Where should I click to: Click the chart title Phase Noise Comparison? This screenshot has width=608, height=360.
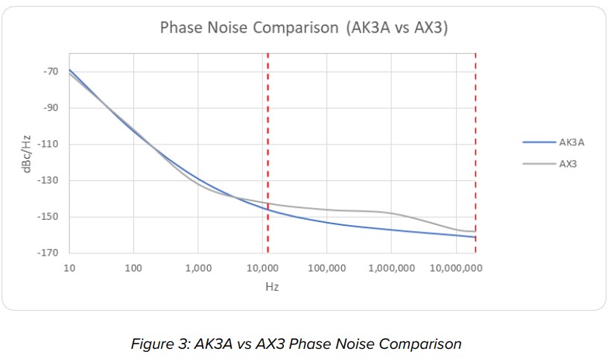point(304,28)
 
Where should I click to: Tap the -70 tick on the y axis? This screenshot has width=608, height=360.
point(51,72)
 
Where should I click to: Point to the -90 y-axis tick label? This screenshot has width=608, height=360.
point(51,108)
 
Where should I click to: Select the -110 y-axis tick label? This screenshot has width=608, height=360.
point(49,145)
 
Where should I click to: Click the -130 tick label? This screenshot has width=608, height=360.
point(49,180)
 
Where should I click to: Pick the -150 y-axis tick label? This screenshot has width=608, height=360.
point(49,217)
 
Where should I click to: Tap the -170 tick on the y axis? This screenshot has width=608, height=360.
point(49,253)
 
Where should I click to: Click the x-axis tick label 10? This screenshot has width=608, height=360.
point(69,268)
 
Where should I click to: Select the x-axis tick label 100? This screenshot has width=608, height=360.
point(134,268)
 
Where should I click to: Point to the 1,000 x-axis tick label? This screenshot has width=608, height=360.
point(198,268)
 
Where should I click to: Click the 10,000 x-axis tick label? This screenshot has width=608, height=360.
point(262,268)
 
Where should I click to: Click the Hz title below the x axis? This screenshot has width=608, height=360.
point(272,286)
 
